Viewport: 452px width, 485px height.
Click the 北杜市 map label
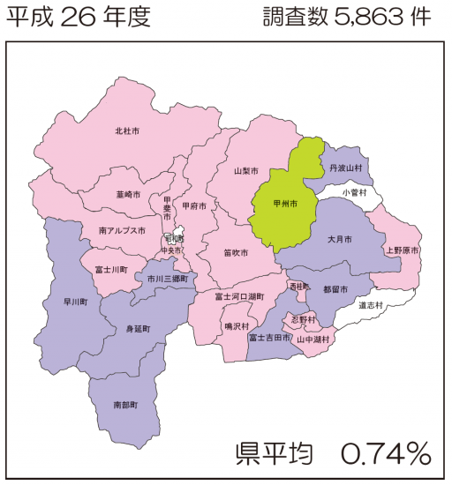pos(127,131)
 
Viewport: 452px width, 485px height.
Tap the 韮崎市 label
pos(128,194)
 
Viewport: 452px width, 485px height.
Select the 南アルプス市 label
pos(122,230)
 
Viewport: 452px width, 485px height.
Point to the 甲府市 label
pos(194,206)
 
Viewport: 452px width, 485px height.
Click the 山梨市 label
pos(245,170)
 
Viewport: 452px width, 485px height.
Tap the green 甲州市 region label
pos(284,203)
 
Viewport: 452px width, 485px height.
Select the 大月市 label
pos(339,239)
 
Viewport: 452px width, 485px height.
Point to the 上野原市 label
pos(401,250)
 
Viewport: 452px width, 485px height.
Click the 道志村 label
pos(371,305)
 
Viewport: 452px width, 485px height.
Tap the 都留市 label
pos(335,289)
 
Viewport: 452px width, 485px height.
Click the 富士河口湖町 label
pos(239,297)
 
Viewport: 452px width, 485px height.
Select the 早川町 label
pos(75,302)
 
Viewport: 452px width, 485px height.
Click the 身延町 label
pos(139,329)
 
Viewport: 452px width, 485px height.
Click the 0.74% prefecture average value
pos(386,454)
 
